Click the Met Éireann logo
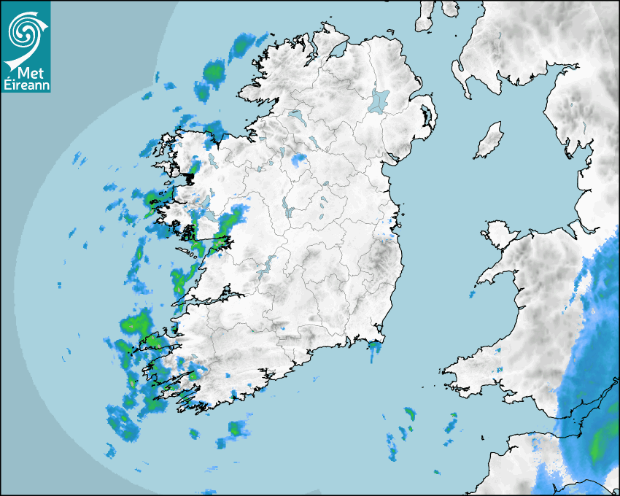[26, 47]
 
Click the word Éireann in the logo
[26, 85]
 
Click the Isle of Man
[489, 140]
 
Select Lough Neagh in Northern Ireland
[379, 100]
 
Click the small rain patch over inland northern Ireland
[298, 160]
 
